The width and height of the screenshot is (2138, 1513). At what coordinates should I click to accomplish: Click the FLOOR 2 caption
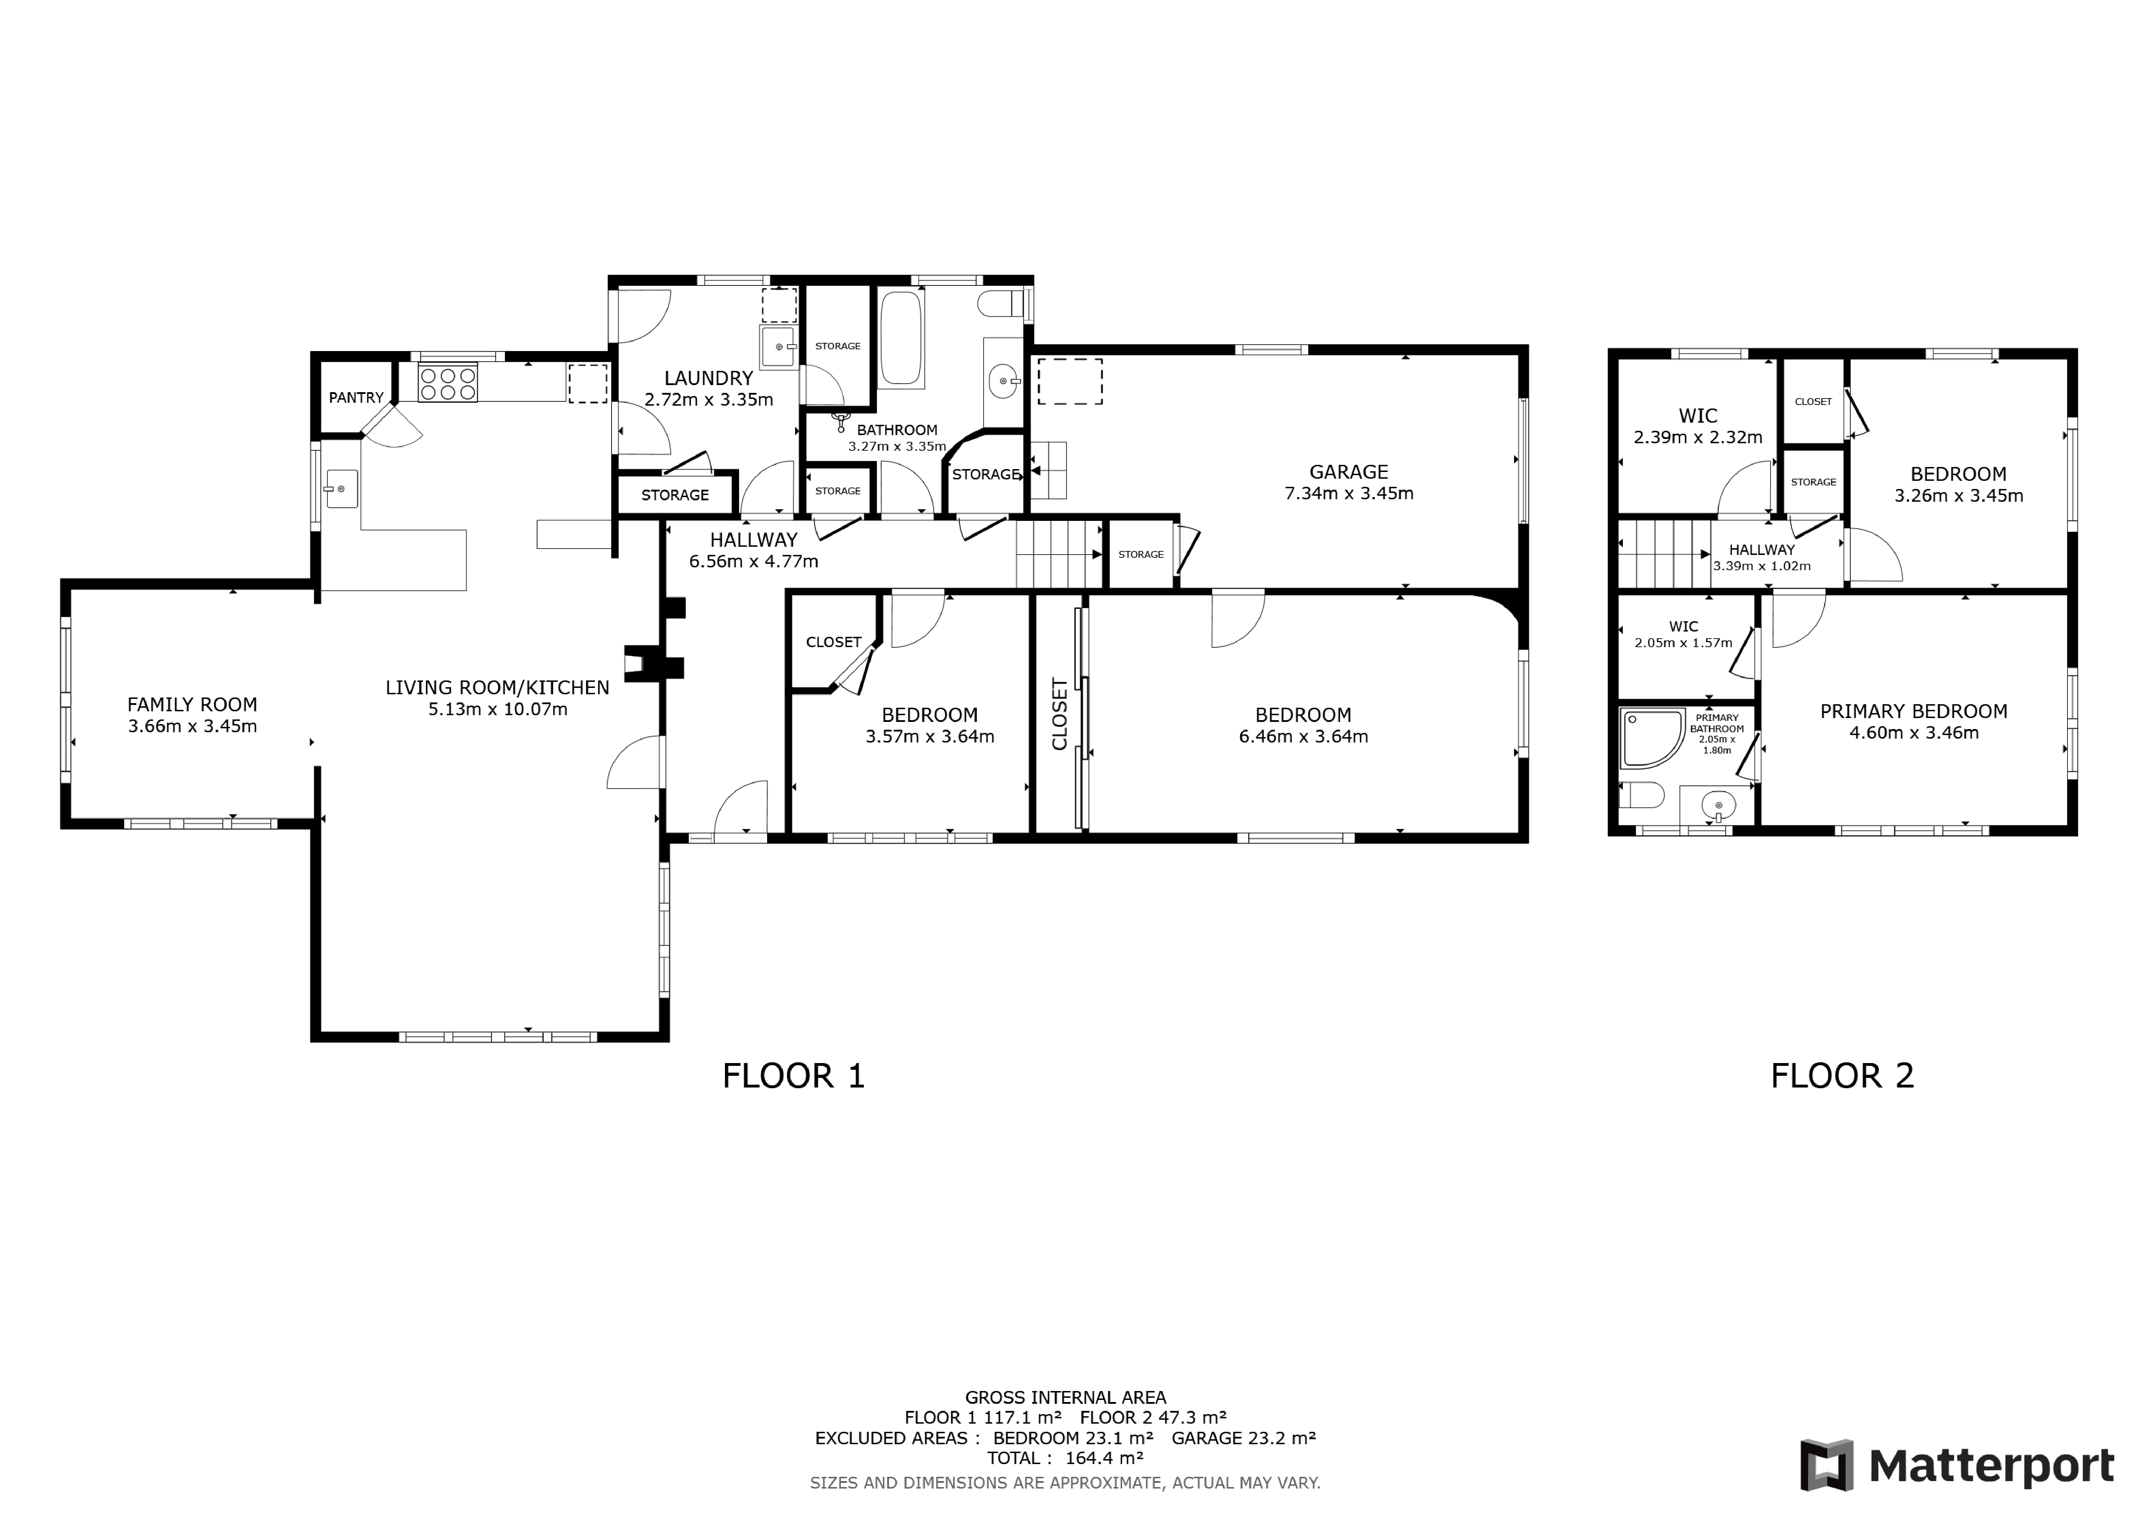(1842, 1076)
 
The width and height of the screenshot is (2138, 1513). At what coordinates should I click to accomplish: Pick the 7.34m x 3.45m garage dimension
(1348, 494)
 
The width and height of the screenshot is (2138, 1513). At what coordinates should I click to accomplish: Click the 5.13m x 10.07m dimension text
(497, 709)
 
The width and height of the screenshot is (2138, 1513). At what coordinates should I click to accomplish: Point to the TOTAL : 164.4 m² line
(1065, 1458)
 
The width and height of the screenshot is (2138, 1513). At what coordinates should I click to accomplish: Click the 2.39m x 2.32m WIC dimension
(1698, 437)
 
